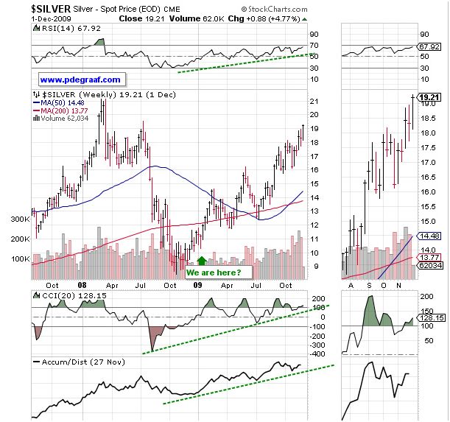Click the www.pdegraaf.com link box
tap(81, 79)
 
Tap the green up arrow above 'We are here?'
tap(202, 261)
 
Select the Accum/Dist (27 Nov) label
tap(80, 362)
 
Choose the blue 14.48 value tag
tap(428, 236)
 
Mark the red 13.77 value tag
tap(428, 257)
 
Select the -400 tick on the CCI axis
tap(318, 354)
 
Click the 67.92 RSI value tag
tap(427, 46)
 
